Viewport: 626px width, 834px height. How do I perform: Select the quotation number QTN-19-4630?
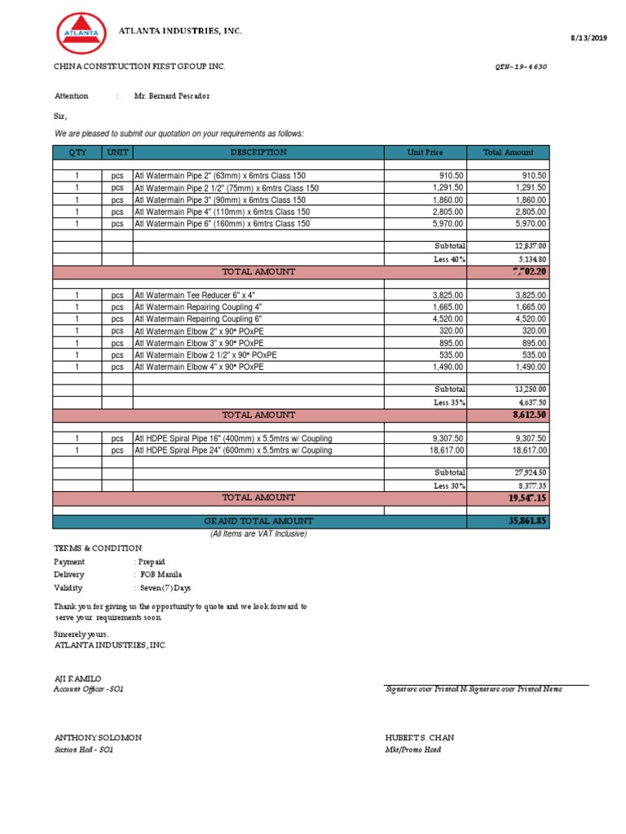point(520,67)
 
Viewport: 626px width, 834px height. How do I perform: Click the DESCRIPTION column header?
point(258,152)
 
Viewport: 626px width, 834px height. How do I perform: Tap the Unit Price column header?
point(425,152)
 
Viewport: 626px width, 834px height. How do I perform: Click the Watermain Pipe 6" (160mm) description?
point(222,224)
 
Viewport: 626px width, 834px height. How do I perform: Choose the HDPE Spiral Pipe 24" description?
point(233,450)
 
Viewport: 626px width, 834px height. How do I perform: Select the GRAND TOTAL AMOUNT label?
point(258,521)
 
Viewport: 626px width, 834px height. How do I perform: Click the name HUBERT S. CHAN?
point(419,738)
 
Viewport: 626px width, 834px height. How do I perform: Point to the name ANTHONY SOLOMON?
point(98,738)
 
